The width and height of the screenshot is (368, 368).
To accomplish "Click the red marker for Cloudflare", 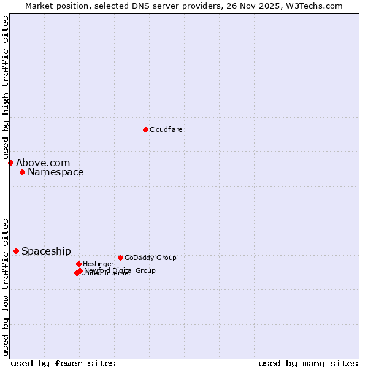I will [x=145, y=129].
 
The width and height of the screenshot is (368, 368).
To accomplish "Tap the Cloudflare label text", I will [x=166, y=130].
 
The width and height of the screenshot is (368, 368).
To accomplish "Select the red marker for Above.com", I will [x=10, y=163].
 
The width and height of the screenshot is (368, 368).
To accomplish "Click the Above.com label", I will [x=43, y=163].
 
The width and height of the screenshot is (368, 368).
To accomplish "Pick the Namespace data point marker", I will [x=22, y=172].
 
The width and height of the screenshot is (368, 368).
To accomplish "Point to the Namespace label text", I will [x=55, y=172].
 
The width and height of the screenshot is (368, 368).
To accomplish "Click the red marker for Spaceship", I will [x=16, y=251].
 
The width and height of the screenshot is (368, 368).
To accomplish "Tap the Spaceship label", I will [x=46, y=251].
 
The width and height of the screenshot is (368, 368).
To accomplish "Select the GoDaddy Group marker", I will [x=120, y=258].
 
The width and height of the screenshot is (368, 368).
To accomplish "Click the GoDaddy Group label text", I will [x=150, y=258].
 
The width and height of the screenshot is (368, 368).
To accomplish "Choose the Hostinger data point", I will [x=79, y=264].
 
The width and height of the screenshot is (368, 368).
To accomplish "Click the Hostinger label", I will [x=98, y=264].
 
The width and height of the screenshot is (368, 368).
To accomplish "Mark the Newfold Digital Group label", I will [x=120, y=270].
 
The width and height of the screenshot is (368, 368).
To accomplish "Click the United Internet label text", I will [x=106, y=274].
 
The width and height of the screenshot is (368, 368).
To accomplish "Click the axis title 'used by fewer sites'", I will [x=63, y=363].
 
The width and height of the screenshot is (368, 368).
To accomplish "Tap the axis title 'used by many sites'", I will [x=308, y=363].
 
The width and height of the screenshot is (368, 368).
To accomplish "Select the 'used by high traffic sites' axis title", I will [x=6, y=87].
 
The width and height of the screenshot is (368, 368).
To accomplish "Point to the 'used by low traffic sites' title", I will [x=6, y=286].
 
